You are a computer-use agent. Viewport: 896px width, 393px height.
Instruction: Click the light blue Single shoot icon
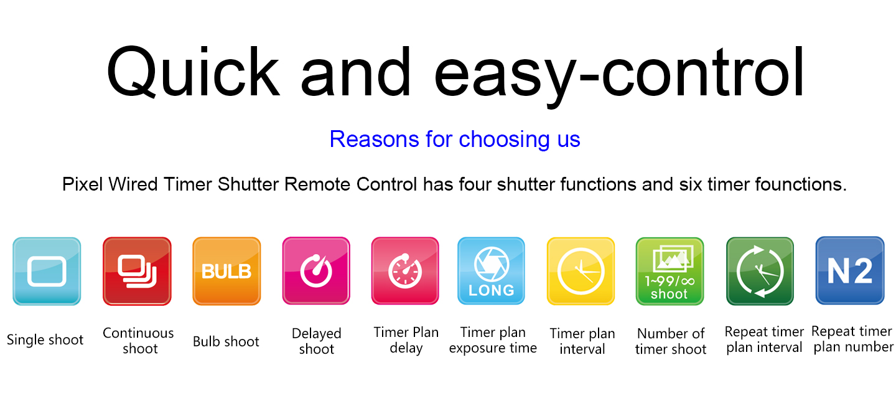point(47,272)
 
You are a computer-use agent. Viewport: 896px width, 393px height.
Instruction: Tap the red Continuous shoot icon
point(137,272)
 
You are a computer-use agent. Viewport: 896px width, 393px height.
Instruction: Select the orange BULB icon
point(226,272)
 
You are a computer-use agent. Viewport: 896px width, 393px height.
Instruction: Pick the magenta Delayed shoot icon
point(316,271)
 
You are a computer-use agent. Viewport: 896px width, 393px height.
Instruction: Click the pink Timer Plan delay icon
point(405,271)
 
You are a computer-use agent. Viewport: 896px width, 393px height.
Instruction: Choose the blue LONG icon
point(491,271)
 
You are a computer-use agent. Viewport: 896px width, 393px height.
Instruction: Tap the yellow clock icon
point(581,272)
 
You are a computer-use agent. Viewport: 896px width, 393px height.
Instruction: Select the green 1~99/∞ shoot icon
point(670,272)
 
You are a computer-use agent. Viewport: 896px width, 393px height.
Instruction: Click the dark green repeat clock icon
point(760,272)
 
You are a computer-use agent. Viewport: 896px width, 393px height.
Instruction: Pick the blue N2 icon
point(850,270)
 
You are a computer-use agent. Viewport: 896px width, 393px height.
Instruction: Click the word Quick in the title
point(193,72)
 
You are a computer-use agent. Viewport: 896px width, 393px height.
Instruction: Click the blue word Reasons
point(375,140)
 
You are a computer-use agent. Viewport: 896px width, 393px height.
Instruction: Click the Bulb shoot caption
point(226,341)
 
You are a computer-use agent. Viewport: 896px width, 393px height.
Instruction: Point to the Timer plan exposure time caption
point(493,340)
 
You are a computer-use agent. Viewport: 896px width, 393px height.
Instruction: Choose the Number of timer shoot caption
point(671,341)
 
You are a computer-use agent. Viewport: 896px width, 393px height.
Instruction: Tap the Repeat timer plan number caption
point(853,339)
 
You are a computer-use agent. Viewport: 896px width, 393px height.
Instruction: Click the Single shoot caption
point(45,340)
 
